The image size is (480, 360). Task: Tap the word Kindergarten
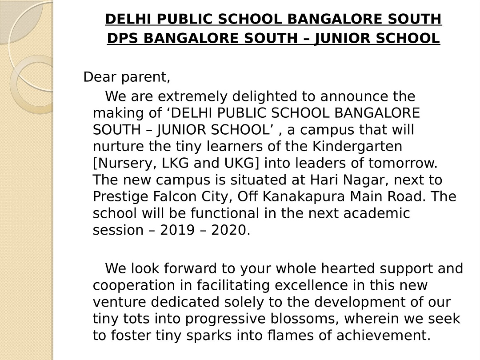[x=364, y=146]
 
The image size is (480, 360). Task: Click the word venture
[x=120, y=302]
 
